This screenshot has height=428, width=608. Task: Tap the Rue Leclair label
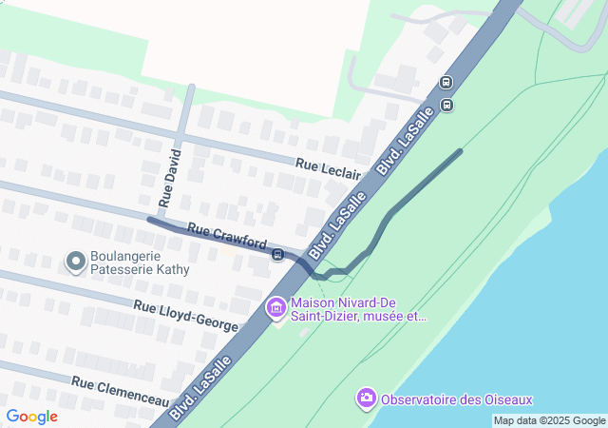[328, 167]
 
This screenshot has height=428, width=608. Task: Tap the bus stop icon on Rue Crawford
[277, 254]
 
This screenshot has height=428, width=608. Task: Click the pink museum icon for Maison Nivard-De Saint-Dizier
[276, 307]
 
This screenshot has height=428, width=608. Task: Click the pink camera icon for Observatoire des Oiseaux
[366, 397]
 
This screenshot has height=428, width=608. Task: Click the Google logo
[31, 417]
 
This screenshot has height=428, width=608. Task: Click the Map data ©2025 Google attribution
[549, 420]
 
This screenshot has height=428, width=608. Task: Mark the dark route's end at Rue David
[149, 220]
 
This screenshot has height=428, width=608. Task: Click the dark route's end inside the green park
[461, 150]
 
